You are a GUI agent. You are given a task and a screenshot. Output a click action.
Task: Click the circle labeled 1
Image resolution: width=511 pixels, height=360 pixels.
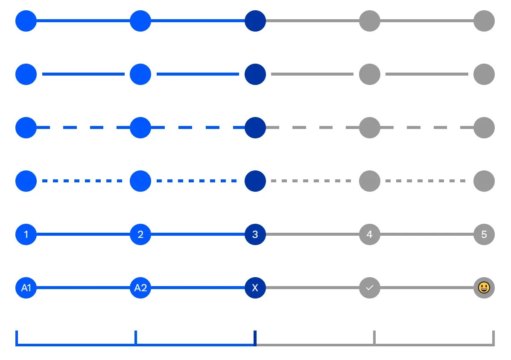[26, 234]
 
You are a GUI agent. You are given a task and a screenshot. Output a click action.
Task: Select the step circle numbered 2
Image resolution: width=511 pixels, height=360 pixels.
[140, 234]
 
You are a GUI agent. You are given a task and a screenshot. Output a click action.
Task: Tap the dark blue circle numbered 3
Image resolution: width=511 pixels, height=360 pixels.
[255, 234]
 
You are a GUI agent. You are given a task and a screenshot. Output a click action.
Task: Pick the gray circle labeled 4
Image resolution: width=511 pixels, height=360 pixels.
[370, 234]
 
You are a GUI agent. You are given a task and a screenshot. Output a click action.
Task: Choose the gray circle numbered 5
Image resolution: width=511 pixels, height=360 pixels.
[484, 234]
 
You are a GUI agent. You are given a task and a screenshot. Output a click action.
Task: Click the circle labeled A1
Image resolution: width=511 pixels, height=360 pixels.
[26, 288]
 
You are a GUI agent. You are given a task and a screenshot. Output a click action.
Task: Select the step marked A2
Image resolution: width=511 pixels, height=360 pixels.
[140, 288]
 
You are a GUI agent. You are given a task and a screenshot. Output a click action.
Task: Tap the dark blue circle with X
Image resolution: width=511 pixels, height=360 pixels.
[255, 288]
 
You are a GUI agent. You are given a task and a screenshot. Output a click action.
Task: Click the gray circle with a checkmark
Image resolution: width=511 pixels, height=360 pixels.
[370, 288]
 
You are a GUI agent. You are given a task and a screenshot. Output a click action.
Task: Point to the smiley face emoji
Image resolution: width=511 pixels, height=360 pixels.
[484, 288]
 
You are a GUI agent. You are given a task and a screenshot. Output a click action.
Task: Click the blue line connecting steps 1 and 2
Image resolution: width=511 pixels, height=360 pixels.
[83, 234]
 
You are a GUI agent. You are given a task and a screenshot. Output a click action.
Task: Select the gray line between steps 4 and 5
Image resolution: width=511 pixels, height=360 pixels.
[427, 234]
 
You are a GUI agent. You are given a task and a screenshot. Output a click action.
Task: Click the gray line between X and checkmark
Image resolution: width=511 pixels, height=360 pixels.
[312, 288]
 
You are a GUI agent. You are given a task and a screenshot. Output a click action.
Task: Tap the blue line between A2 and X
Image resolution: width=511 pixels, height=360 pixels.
[198, 288]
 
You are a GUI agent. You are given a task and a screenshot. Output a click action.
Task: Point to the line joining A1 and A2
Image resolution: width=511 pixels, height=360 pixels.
[83, 288]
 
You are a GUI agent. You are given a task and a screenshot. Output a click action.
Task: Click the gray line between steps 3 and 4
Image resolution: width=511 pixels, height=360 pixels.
[312, 234]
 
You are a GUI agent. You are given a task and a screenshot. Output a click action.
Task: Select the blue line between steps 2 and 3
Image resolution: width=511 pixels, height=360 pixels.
[198, 234]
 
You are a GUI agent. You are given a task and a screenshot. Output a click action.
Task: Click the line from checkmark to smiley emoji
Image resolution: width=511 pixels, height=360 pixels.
[427, 288]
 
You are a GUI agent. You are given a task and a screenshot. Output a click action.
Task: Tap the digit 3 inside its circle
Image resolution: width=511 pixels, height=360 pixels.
[255, 234]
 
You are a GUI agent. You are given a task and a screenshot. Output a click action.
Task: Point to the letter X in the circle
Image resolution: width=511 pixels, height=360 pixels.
[255, 288]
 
